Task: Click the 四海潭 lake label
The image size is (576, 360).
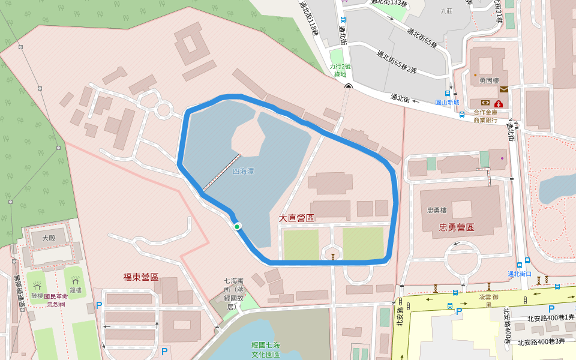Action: pos(243,172)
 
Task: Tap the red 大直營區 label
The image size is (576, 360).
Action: pos(296,218)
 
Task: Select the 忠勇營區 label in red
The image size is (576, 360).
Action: pos(453,227)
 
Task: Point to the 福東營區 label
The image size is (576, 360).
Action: pos(140,277)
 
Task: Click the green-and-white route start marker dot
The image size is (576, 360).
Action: pos(237,226)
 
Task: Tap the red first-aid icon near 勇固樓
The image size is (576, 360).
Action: pos(499,103)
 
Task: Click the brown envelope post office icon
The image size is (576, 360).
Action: pos(503,89)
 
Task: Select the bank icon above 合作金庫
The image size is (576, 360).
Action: pos(485,103)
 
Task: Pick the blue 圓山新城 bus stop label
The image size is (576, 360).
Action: pos(447,103)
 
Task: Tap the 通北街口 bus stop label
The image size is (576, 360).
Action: pos(520,274)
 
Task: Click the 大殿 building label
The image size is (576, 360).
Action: pos(48,238)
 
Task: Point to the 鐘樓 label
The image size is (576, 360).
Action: pos(75,290)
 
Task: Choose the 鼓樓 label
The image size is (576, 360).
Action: pos(37,296)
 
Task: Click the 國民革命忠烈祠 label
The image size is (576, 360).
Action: pos(56,300)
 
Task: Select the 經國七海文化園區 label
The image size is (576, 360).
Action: pos(266,350)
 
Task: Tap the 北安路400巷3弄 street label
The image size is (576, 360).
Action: pos(541,341)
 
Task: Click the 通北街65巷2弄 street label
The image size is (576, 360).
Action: pos(397,62)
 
